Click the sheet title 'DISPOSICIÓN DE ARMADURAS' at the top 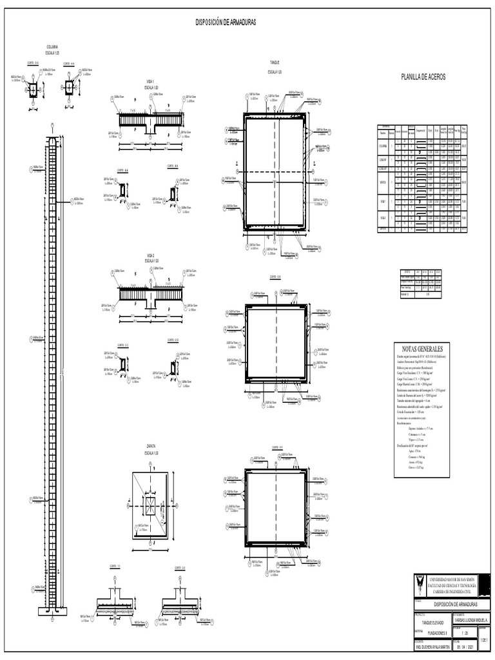point(226,22)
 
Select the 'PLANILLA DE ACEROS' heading point(423,77)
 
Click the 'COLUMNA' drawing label point(52,47)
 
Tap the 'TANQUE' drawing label point(274,63)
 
